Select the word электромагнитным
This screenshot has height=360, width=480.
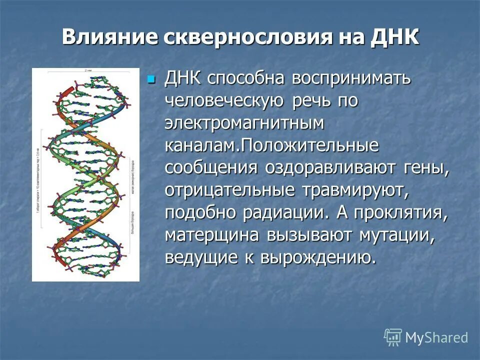(244, 123)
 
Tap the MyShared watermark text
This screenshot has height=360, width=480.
(436, 337)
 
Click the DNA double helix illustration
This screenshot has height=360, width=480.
(85, 175)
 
